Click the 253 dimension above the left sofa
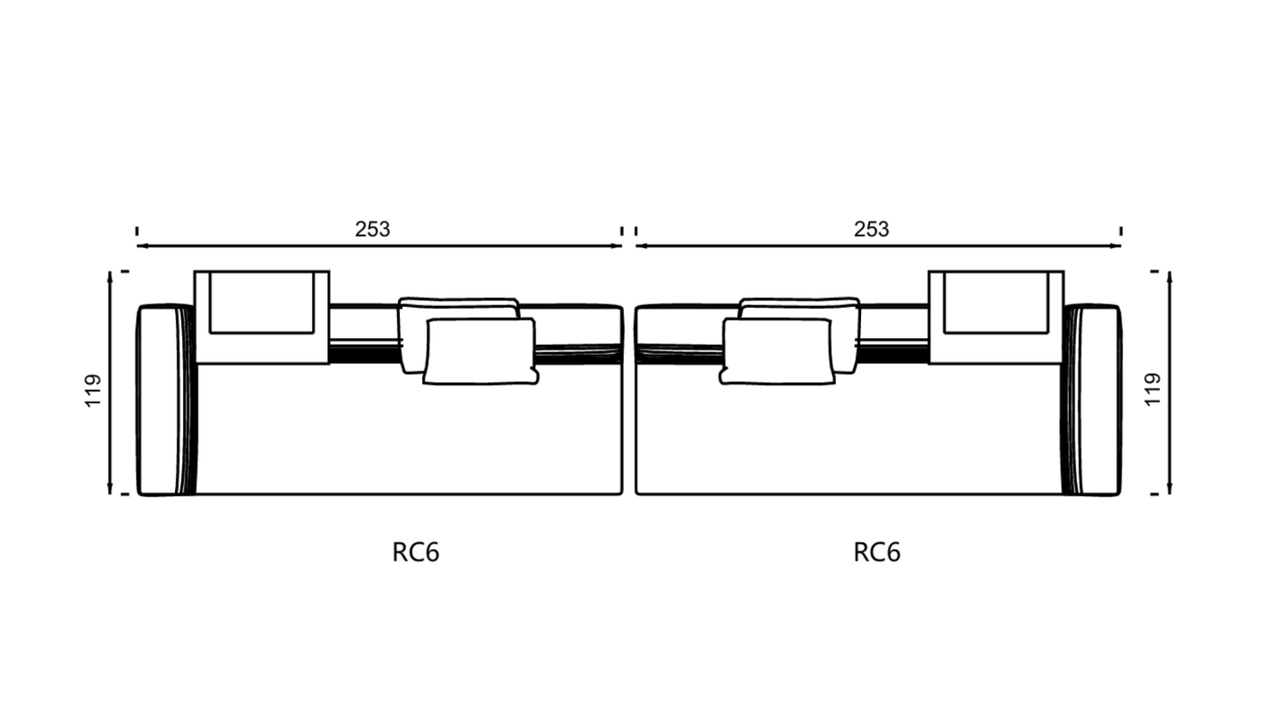click(x=372, y=229)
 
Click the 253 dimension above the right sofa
click(x=872, y=229)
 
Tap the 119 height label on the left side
click(x=93, y=390)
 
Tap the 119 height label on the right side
click(x=1152, y=390)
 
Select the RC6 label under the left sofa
click(x=416, y=552)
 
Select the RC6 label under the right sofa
click(x=877, y=552)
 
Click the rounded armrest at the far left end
click(x=166, y=400)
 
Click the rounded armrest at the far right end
click(x=1091, y=400)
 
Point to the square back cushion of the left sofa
click(x=262, y=317)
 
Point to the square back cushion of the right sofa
click(x=996, y=317)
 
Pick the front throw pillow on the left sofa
click(x=481, y=351)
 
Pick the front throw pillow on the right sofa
click(x=778, y=351)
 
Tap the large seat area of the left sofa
click(x=410, y=436)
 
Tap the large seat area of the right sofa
click(x=849, y=436)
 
